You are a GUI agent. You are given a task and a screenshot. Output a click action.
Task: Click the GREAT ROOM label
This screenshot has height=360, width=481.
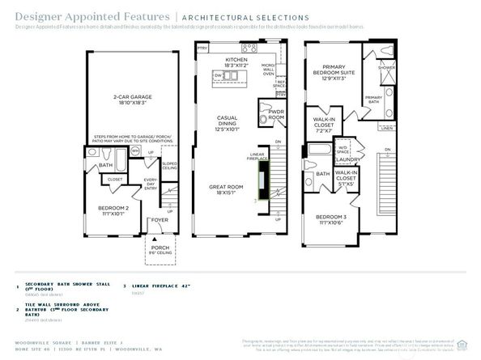227,189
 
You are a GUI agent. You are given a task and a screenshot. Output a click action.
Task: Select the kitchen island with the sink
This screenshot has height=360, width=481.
226,76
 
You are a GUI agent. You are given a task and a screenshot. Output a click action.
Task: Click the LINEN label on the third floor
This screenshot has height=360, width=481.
387,128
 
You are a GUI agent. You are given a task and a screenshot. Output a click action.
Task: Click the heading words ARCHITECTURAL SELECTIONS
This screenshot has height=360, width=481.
245,17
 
